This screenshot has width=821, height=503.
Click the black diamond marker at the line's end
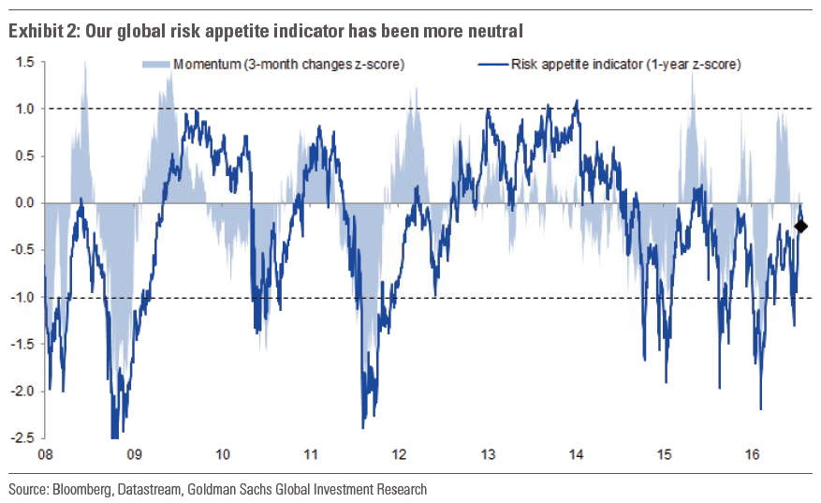801,226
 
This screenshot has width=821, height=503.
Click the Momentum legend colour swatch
155,65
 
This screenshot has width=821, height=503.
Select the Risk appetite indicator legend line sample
493,65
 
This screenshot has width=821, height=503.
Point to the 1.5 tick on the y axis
24,62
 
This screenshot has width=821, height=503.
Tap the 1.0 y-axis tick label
24,109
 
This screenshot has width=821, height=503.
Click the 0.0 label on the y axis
24,202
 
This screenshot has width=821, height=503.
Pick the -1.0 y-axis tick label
22,297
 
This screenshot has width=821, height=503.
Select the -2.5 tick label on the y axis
22,437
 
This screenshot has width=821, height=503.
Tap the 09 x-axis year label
134,455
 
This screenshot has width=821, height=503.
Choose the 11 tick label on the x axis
311,455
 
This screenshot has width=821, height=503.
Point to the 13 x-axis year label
488,455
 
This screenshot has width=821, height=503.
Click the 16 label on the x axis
753,455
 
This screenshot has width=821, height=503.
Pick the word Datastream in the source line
150,489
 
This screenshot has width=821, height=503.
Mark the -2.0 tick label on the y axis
22,391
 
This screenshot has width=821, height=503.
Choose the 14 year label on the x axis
576,455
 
